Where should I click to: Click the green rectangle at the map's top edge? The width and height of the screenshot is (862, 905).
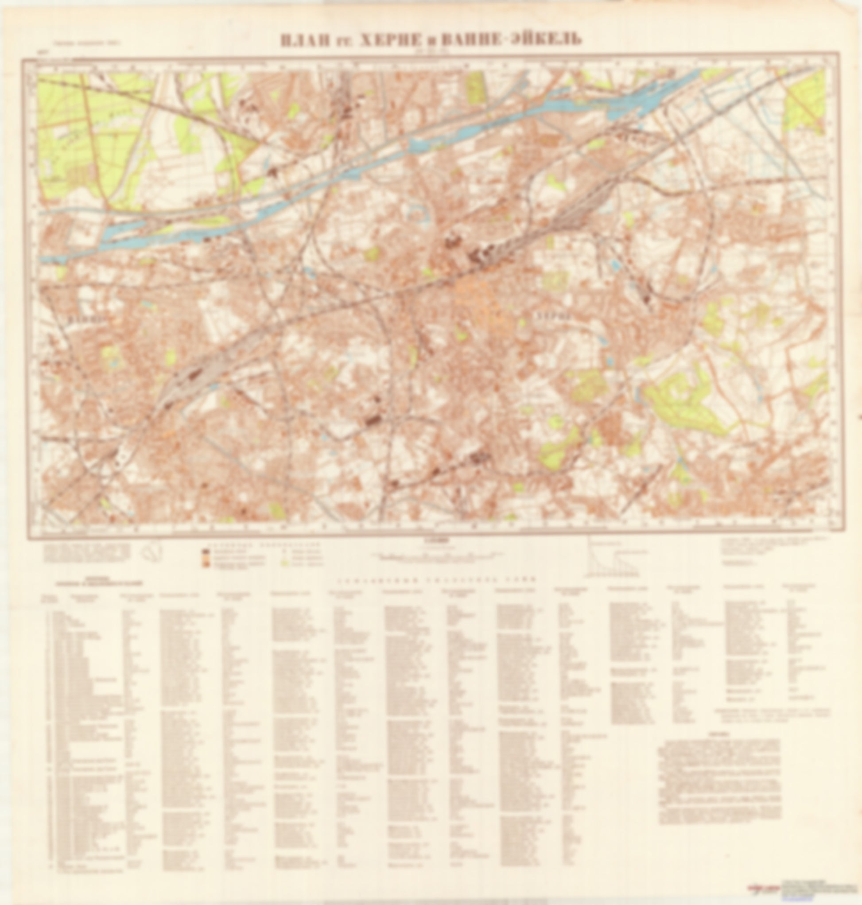[x=476, y=88]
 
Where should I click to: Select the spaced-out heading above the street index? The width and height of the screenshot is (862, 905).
[x=436, y=580]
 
